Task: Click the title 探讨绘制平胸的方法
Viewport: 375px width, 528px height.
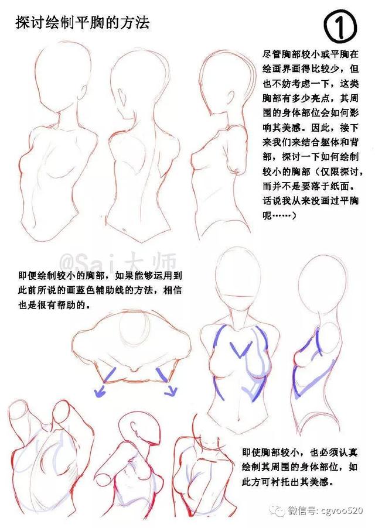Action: pos(83,23)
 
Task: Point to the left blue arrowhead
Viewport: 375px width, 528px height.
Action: pos(100,392)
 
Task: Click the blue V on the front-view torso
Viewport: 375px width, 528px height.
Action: pos(240,349)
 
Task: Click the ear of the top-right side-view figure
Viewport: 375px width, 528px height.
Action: pos(230,98)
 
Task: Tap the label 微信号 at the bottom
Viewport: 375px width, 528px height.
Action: pos(302,510)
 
